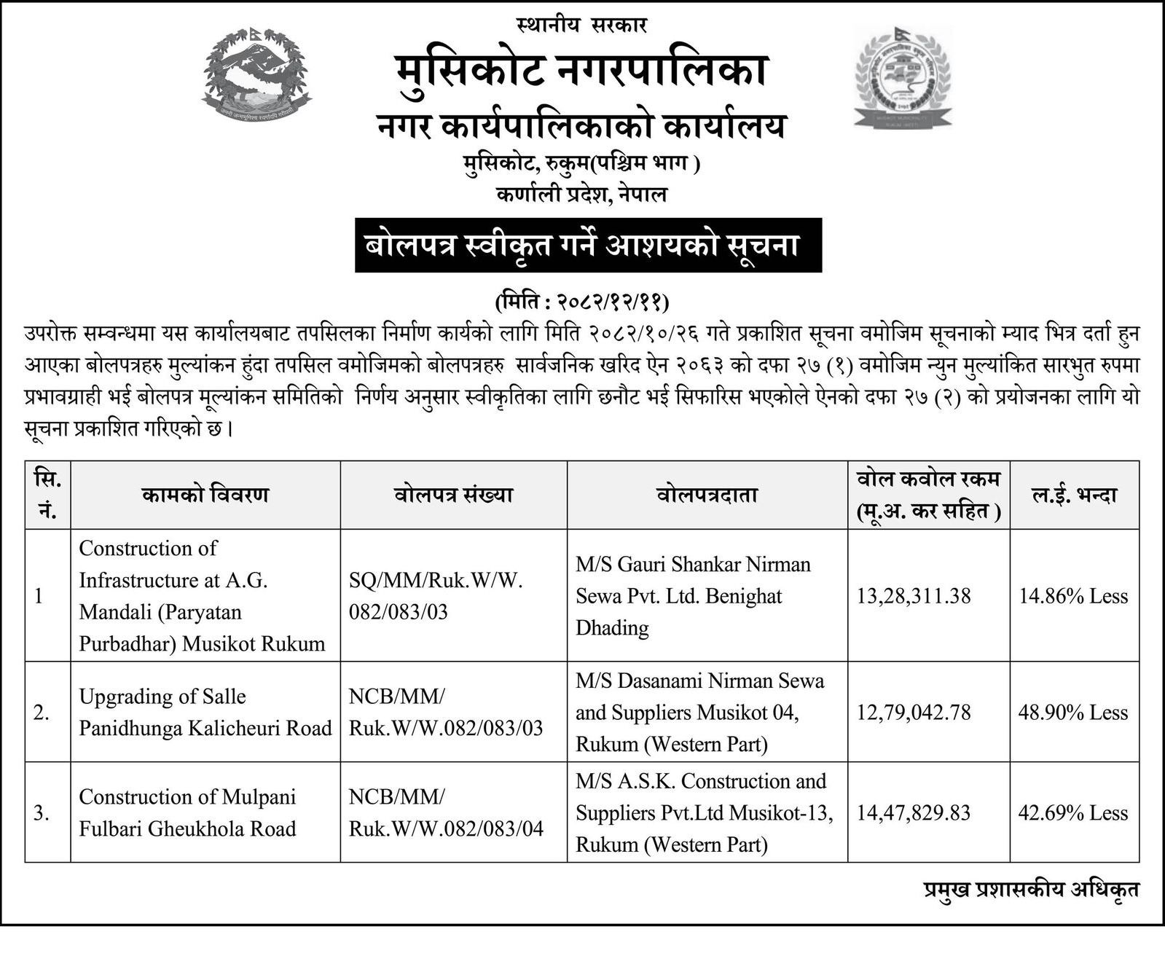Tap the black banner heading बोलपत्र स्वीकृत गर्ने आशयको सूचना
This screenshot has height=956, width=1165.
[x=588, y=246]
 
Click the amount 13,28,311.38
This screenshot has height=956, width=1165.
[x=914, y=596]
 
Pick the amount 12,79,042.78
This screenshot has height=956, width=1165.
[x=914, y=712]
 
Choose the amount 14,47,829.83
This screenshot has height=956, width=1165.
[x=914, y=812]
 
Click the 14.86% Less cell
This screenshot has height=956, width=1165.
[x=1073, y=596]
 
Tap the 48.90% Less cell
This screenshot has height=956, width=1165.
[x=1073, y=712]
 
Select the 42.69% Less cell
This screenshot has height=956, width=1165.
[x=1073, y=812]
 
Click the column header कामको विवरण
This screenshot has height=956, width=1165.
[x=205, y=495]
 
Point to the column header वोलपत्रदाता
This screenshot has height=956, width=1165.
[x=707, y=495]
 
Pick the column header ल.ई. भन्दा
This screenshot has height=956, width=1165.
[x=1074, y=495]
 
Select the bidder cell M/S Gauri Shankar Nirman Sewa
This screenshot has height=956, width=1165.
[x=693, y=596]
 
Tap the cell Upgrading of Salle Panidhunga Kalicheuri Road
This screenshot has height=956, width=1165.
[x=205, y=712]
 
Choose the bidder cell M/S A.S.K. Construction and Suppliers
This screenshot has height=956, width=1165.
[x=704, y=812]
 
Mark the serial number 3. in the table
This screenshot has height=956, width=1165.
[x=42, y=812]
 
